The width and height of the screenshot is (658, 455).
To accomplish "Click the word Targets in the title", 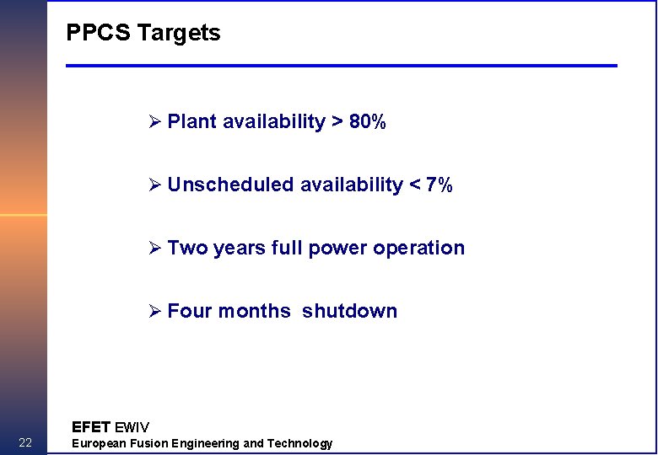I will click(x=179, y=33).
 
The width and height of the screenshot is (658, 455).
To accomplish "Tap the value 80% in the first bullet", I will click(x=368, y=122).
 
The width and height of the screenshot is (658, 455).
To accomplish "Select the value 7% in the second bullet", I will click(x=440, y=185).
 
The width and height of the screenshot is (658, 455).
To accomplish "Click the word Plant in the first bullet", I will click(x=192, y=122).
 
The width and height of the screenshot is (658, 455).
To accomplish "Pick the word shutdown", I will click(x=349, y=311).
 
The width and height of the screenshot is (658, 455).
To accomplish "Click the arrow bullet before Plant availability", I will click(x=154, y=122).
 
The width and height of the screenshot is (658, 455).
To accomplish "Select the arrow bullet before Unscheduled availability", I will click(x=154, y=185).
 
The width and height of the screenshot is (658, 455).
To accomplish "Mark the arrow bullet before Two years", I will click(x=154, y=249).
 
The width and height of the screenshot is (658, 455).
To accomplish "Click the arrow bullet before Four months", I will click(x=154, y=312).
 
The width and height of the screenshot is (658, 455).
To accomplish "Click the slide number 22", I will click(x=25, y=443).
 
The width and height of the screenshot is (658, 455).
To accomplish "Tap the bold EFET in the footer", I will click(x=91, y=427).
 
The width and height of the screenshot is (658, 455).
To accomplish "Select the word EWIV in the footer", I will click(x=132, y=427).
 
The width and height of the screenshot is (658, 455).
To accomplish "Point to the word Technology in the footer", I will click(x=300, y=443).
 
